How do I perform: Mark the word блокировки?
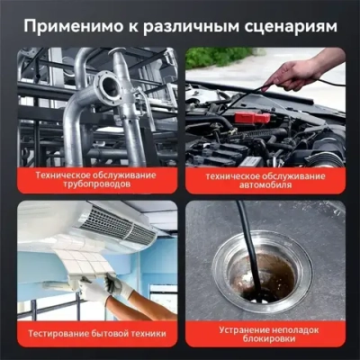tap(266, 340)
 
